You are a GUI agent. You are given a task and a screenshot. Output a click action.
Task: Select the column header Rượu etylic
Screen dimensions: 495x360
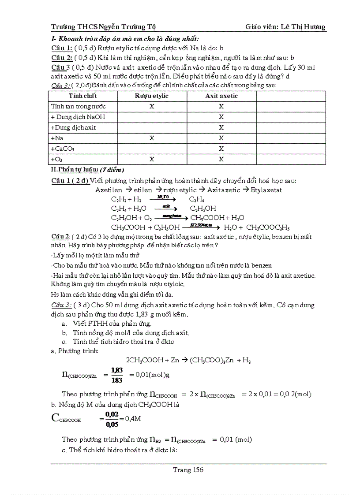152,96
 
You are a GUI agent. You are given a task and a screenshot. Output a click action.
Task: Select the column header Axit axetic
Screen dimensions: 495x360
221,96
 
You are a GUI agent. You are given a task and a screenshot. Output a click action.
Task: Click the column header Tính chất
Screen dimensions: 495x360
82,96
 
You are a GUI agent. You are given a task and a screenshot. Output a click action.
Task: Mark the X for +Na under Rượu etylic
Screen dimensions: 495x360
152,138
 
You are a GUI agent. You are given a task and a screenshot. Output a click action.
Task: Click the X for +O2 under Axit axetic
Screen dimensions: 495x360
221,159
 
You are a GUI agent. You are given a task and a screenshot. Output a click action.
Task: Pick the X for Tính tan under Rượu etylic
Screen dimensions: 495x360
152,106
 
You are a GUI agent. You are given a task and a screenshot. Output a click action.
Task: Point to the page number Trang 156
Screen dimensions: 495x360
188,470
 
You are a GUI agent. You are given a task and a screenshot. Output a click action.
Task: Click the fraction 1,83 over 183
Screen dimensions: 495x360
117,375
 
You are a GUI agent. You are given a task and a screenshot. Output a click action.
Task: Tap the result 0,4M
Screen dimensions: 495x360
133,419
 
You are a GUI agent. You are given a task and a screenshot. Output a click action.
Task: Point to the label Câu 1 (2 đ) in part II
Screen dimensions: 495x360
70,181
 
